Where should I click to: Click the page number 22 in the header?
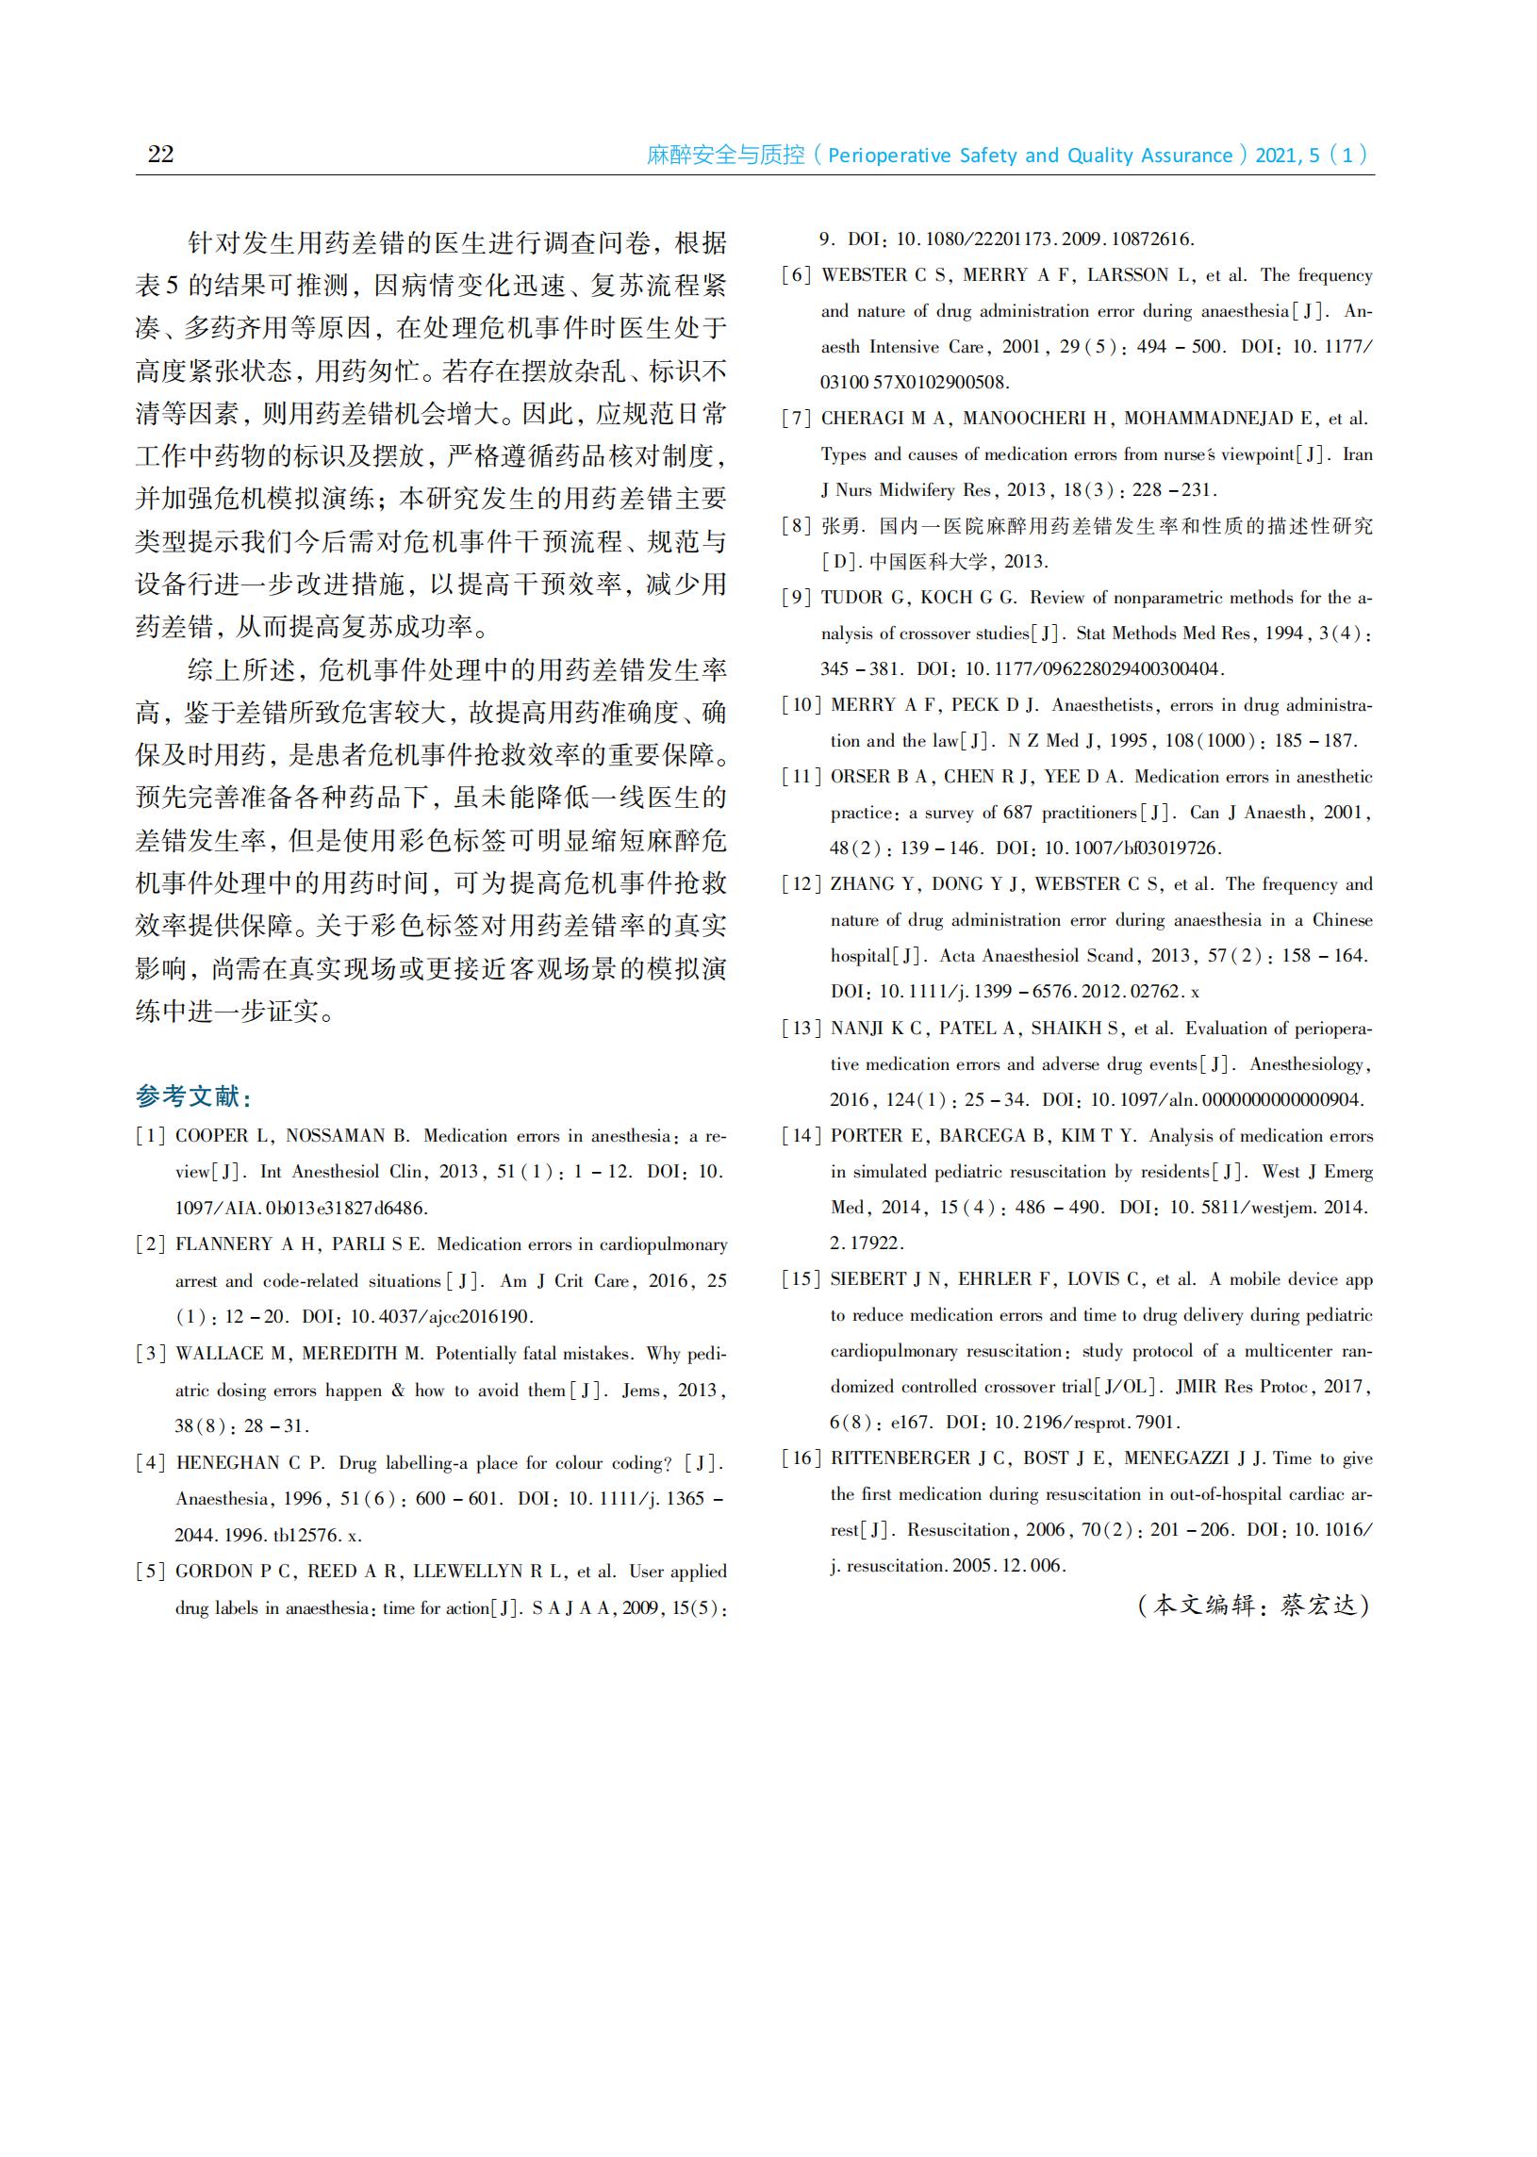(x=161, y=155)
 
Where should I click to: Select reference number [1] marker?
(x=151, y=1135)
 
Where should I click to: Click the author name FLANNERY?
(x=224, y=1244)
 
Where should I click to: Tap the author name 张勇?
(x=842, y=526)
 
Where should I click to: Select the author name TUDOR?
(x=851, y=598)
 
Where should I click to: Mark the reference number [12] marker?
(x=801, y=884)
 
